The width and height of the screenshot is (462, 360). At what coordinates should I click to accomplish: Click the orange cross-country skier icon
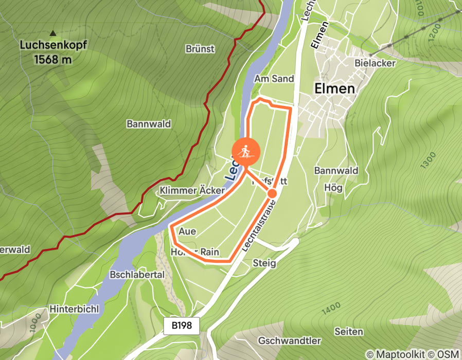point(246,152)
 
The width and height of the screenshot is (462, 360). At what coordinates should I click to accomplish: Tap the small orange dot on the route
point(272,193)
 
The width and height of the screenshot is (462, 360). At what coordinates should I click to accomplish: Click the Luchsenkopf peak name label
point(53,45)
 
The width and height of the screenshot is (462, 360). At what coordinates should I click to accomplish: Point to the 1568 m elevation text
point(53,60)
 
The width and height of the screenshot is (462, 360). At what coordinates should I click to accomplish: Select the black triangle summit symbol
point(53,32)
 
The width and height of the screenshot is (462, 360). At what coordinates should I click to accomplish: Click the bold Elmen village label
point(334,88)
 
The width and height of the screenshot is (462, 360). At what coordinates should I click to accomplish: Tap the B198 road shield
point(182,326)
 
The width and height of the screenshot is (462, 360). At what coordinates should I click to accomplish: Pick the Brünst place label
point(200,49)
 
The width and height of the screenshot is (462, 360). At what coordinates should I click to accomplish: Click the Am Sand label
point(274,79)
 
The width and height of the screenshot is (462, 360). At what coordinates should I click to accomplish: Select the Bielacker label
point(375,63)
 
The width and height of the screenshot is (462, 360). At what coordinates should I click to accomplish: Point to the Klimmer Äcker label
point(192,191)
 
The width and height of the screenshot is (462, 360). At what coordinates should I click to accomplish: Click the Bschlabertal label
point(137,275)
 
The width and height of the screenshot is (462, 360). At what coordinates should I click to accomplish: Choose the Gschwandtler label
point(290,340)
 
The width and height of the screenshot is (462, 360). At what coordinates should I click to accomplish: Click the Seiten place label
point(348,331)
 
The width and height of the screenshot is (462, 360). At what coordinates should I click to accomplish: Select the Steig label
point(264,263)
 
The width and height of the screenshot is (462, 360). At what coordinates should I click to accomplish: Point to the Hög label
point(333,188)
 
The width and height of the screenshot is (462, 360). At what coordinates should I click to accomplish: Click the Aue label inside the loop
point(187,231)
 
